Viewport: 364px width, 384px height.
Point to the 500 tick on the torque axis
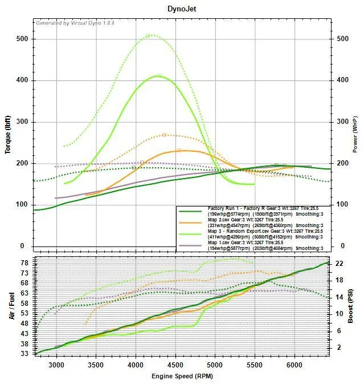tap(22, 39)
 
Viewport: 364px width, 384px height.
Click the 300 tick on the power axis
tap(342, 122)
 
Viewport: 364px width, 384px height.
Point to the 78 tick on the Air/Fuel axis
tap(24, 263)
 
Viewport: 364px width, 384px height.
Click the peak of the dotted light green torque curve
tap(149, 35)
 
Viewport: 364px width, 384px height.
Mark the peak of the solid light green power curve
tap(158, 75)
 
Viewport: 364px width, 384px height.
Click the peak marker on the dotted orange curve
tap(164, 135)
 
